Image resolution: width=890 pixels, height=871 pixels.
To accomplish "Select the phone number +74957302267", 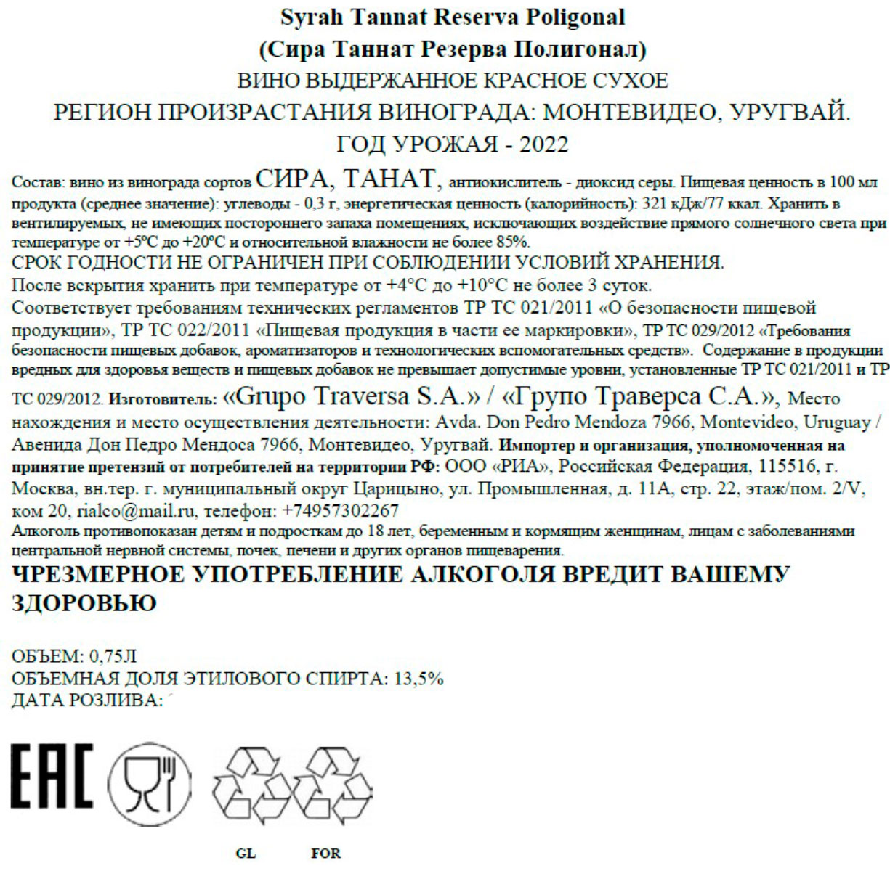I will [x=340, y=510].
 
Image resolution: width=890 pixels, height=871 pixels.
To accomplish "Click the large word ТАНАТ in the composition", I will [x=387, y=177].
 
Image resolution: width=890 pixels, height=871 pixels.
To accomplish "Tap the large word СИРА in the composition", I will [x=293, y=177].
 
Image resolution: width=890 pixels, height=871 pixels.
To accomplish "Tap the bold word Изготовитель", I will [x=165, y=399].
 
